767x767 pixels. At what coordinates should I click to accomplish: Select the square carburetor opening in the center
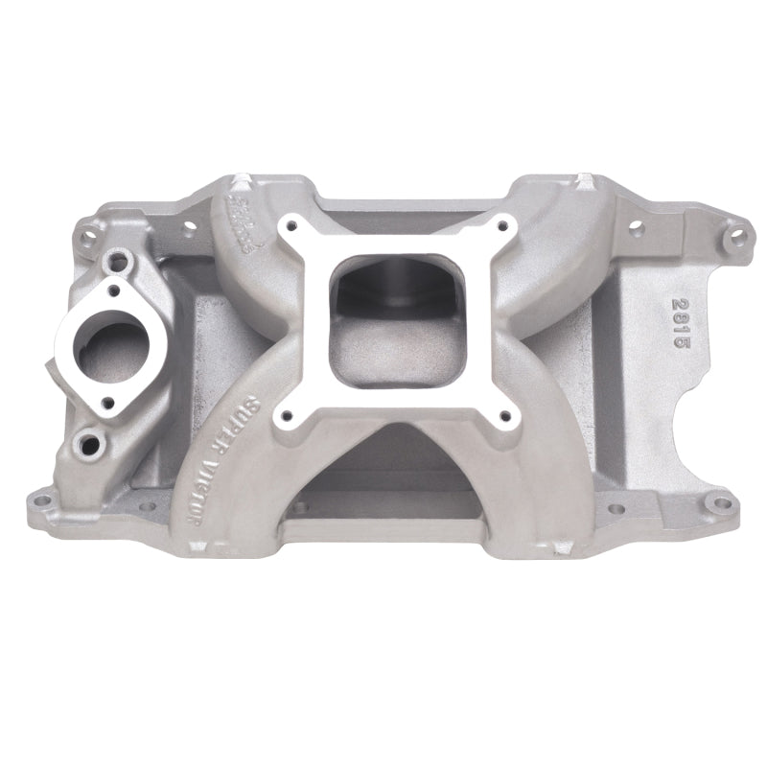[396, 308]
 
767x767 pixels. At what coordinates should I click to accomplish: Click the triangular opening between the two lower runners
[396, 470]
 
